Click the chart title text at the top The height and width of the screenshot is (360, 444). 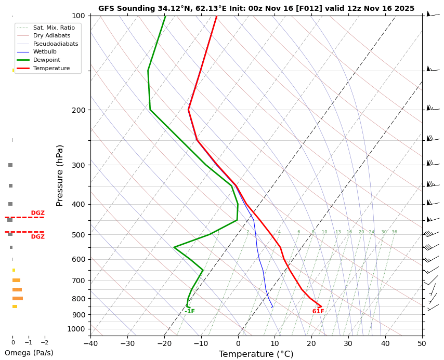[x=256, y=8]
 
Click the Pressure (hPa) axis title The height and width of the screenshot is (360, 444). [x=60, y=175]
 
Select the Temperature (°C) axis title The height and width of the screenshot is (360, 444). [x=256, y=354]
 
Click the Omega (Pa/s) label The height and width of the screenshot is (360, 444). [x=29, y=353]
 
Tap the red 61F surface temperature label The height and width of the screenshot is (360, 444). [x=318, y=312]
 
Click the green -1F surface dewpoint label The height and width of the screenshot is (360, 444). [x=190, y=312]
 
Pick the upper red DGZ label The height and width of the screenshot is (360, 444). [x=37, y=213]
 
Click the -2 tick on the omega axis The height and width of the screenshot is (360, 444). [x=44, y=343]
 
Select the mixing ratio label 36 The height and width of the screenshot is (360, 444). [x=394, y=232]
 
